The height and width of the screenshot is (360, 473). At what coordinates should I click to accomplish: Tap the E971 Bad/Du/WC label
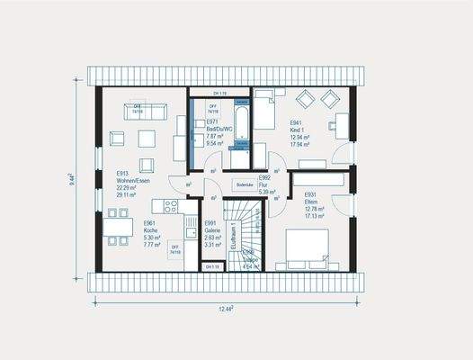pyautogui.click(x=219, y=131)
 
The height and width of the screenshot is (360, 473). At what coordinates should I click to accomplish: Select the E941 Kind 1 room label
pyautogui.click(x=300, y=131)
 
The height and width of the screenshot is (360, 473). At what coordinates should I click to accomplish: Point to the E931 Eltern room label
pyautogui.click(x=313, y=205)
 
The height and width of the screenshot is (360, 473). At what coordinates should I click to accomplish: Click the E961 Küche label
pyautogui.click(x=150, y=232)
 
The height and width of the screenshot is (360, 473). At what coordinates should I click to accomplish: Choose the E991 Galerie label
pyautogui.click(x=212, y=233)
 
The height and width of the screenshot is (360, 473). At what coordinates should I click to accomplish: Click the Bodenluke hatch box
pyautogui.click(x=244, y=185)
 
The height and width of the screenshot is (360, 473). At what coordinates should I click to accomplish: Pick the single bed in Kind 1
pyautogui.click(x=267, y=112)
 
